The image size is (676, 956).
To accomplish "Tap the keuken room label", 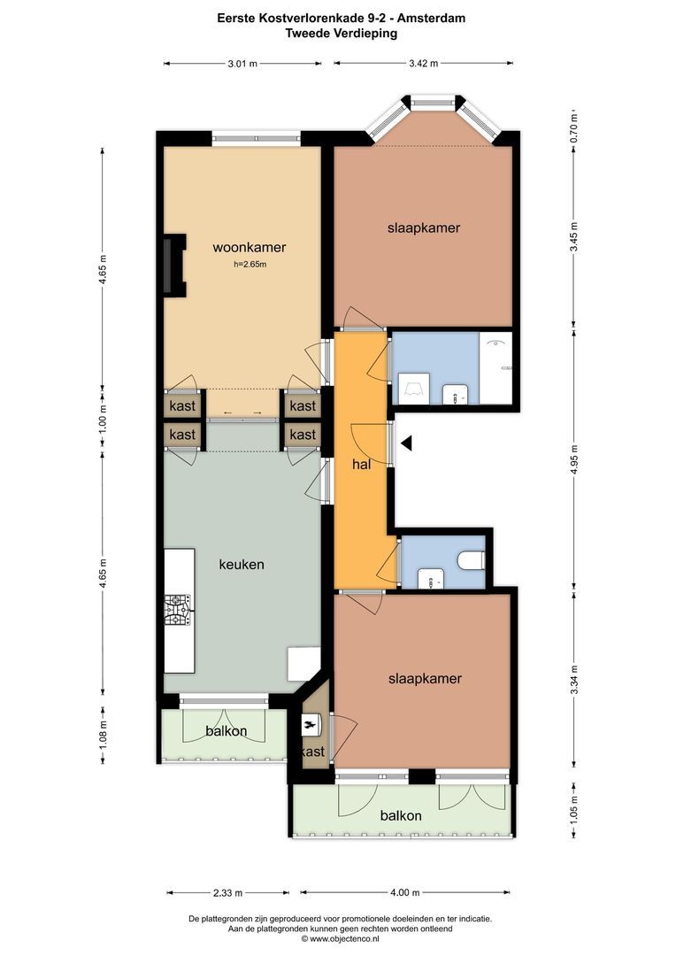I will (242, 564).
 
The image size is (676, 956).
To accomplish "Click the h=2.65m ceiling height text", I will (244, 264).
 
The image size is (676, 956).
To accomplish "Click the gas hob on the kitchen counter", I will (178, 610).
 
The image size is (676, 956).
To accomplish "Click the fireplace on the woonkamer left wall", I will (174, 265).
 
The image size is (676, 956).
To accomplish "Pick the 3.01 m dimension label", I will (242, 63).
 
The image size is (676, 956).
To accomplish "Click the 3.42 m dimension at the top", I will (423, 63).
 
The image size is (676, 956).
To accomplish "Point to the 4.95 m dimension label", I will (574, 459).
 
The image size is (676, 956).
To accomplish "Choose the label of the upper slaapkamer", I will (423, 227).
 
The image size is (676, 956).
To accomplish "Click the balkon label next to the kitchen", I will (226, 731).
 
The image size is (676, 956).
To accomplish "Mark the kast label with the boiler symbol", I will (313, 752).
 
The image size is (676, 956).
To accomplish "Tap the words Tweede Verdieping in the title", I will (341, 33).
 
